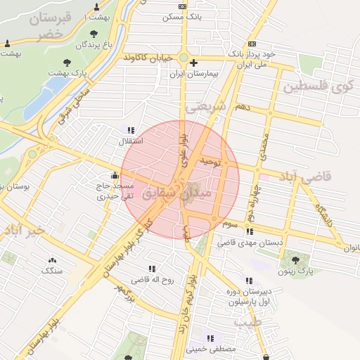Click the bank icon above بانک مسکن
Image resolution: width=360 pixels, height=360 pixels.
click(x=183, y=6)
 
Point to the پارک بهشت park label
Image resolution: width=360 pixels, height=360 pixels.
click(x=67, y=72)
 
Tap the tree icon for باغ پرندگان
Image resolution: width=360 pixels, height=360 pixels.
click(x=94, y=34)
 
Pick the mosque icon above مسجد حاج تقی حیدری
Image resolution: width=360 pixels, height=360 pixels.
click(x=114, y=176)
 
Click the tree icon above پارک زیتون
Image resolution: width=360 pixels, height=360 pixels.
click(x=304, y=259)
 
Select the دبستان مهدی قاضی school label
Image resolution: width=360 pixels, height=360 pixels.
click(x=259, y=241)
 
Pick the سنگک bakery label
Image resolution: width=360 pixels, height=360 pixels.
click(x=52, y=271)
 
